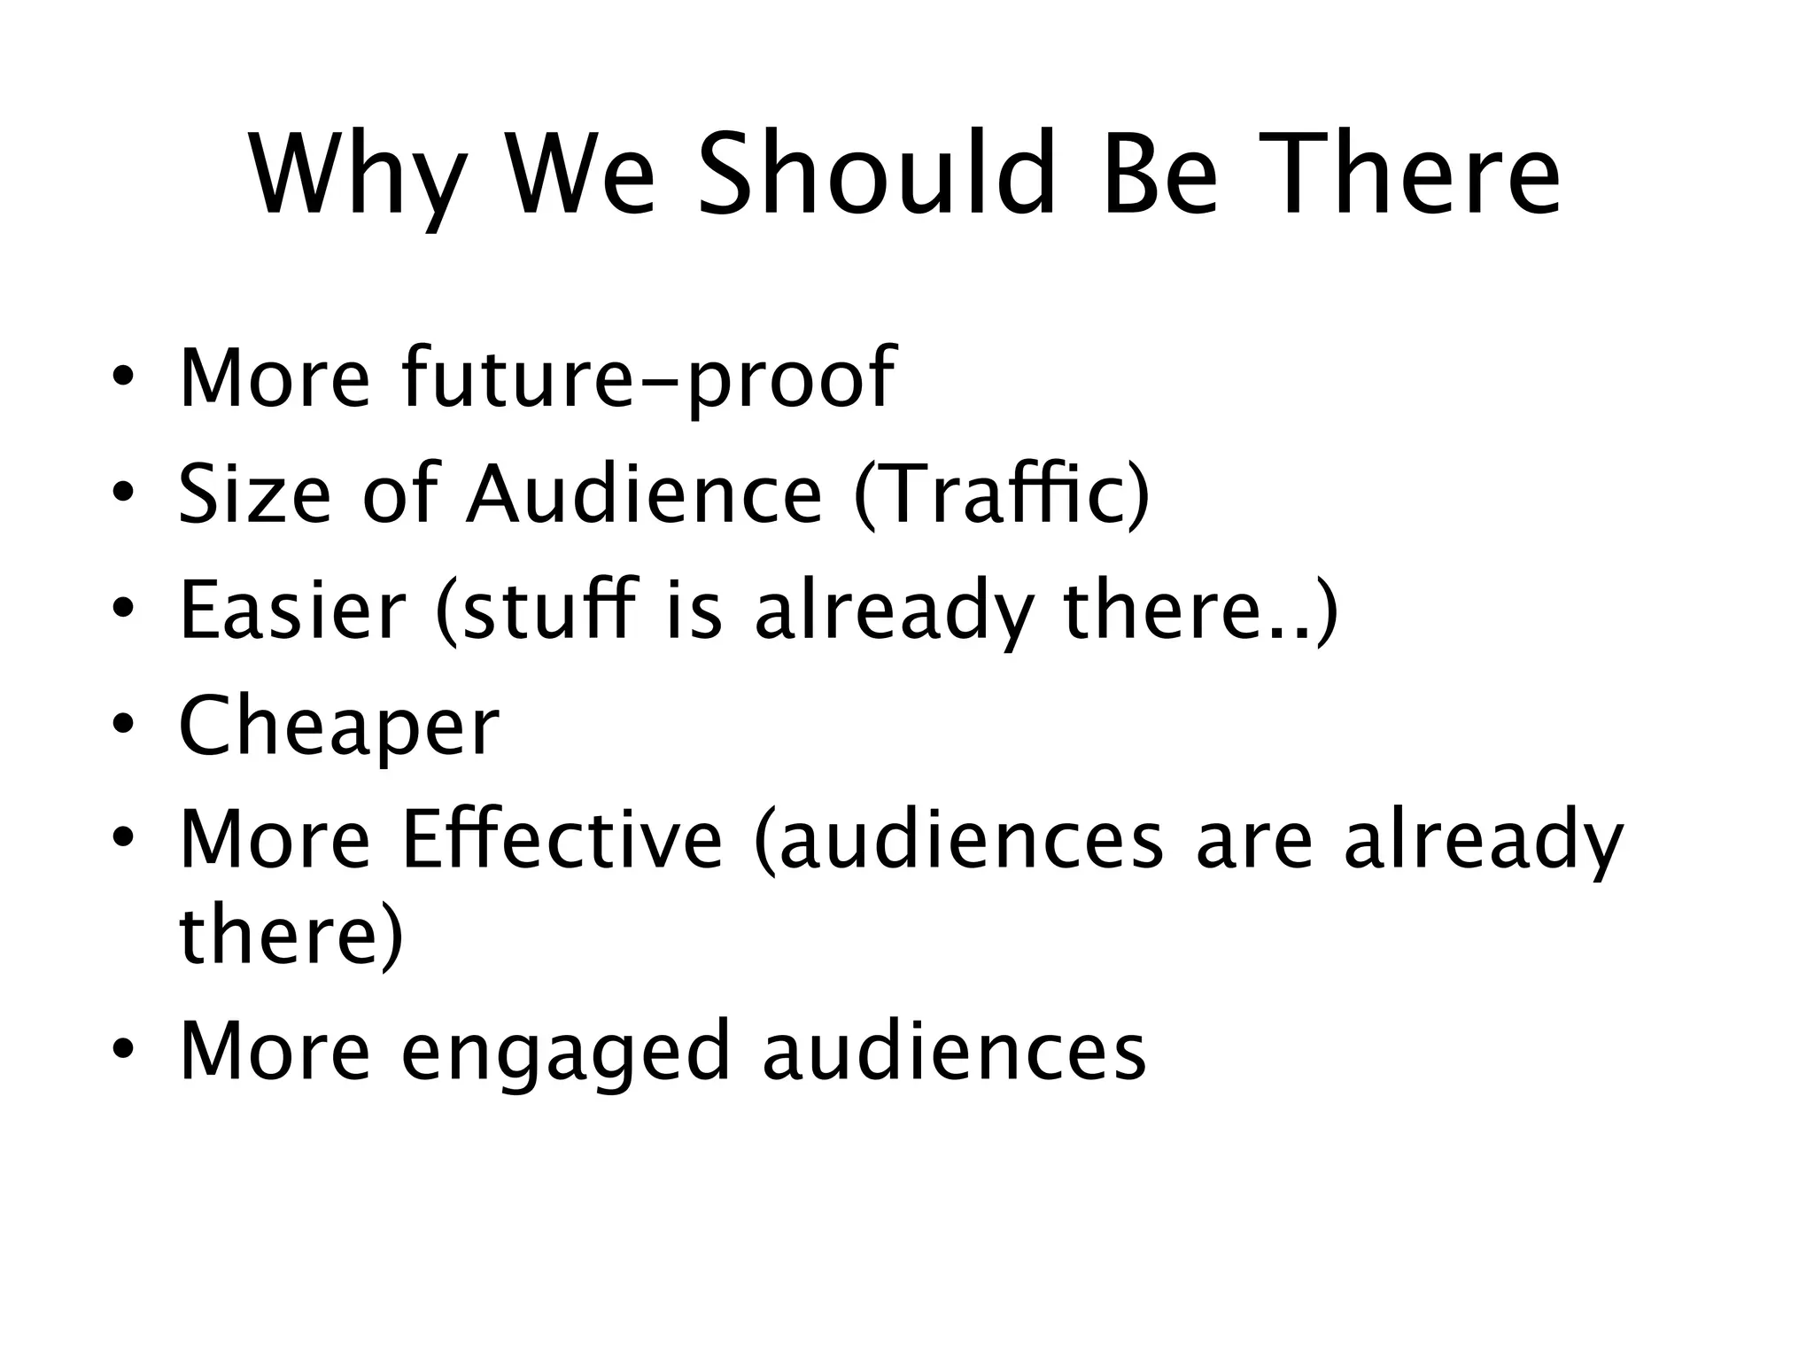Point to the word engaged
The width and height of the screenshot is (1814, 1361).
point(566,1052)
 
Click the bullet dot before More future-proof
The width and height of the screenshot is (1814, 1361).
point(123,378)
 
